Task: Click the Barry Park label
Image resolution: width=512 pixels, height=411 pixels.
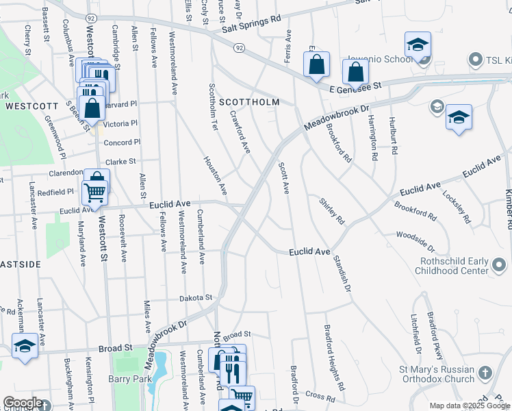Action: [128, 378]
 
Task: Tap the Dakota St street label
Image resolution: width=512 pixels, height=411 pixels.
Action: [196, 298]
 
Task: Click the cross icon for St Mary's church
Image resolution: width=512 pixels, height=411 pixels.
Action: [485, 373]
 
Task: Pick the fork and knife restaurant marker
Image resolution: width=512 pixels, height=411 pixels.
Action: [231, 373]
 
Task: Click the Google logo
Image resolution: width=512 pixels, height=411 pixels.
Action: [23, 403]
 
